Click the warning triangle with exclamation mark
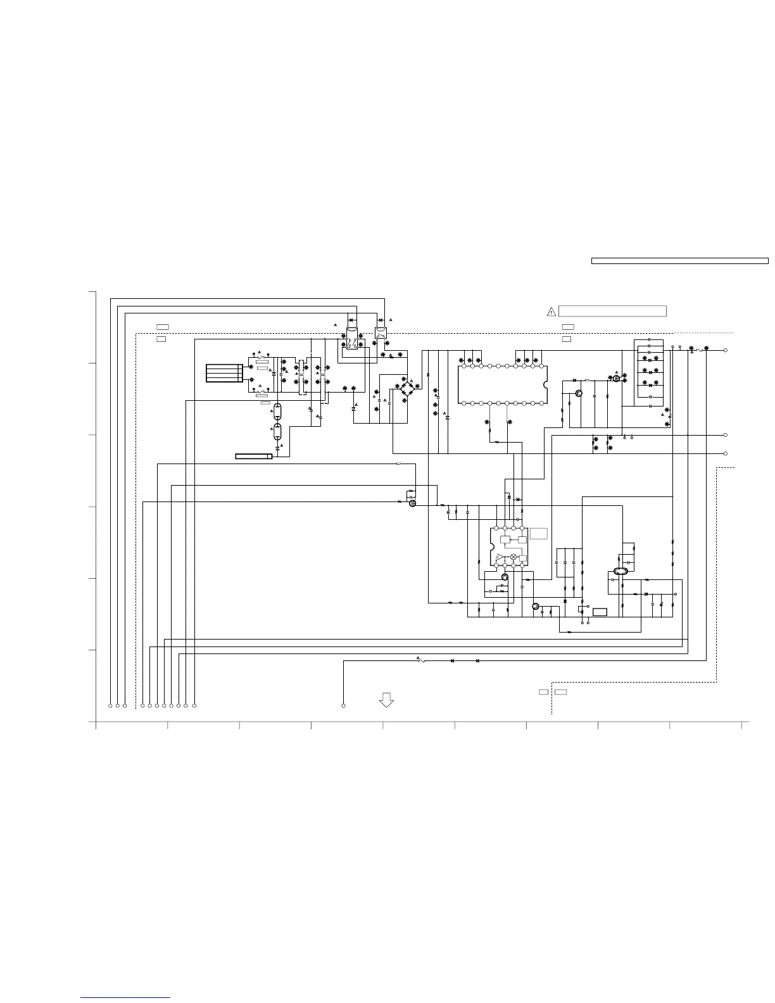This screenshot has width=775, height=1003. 551,311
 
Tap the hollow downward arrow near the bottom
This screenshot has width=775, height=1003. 386,700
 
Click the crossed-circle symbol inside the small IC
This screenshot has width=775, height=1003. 514,557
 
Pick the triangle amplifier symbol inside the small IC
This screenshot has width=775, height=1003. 500,557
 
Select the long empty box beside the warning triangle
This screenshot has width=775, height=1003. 612,311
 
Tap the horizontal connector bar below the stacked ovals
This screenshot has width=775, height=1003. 253,456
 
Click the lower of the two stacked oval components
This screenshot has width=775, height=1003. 277,433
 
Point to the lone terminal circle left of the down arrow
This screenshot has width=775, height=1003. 343,705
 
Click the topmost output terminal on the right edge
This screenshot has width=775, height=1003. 726,350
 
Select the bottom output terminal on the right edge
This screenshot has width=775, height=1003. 726,453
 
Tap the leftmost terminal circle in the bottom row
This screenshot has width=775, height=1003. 110,705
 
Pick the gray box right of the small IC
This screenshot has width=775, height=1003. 539,533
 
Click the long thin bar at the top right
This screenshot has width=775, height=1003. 679,260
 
